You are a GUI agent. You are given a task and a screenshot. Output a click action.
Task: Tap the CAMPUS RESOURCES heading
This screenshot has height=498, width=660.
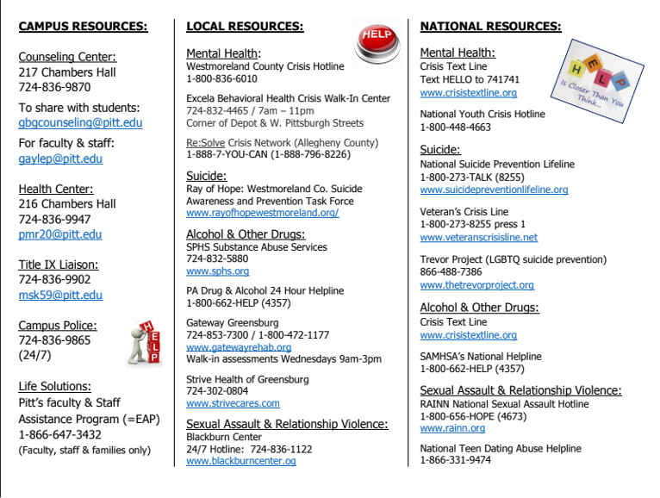[83, 27]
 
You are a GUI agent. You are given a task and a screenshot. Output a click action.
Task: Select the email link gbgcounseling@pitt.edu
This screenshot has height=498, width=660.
[80, 123]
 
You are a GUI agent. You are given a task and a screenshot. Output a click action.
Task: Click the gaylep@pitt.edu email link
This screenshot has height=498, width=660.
[60, 159]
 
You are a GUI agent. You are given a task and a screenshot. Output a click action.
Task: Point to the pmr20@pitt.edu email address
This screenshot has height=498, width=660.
[60, 234]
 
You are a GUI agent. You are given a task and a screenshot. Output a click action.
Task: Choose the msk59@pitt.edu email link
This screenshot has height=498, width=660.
[60, 295]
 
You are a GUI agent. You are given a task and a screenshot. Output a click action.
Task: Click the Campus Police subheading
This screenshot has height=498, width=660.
[58, 326]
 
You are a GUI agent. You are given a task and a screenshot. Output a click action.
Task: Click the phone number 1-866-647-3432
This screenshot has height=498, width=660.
[59, 434]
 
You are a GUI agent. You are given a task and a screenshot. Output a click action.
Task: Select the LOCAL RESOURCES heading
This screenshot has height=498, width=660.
[245, 27]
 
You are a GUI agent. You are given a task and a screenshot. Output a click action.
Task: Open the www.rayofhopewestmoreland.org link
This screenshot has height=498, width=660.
[262, 213]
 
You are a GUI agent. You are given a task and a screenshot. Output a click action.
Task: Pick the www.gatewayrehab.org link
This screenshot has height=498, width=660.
[239, 347]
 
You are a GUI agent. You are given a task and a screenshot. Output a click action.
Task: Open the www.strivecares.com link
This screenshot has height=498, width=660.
[233, 402]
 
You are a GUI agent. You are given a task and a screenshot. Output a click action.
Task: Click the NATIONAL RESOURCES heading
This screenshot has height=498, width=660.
[490, 27]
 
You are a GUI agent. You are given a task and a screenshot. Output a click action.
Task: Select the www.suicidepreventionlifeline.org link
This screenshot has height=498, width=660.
[494, 190]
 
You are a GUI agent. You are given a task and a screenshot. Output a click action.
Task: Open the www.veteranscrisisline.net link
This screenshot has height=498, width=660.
[478, 237]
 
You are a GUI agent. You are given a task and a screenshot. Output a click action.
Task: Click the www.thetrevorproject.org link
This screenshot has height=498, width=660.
[476, 284]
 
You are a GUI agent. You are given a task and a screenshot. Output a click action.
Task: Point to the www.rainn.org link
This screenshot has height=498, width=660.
[452, 428]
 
